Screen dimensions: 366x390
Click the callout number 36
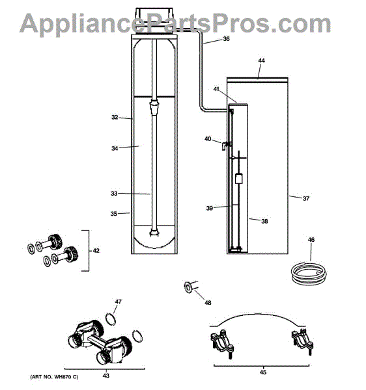[x=226, y=39]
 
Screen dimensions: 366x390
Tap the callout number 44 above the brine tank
[x=261, y=60]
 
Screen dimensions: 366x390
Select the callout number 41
[x=216, y=89]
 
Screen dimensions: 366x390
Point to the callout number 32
[x=115, y=117]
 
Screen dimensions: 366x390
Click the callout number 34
[x=115, y=148]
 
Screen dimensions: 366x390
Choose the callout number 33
[x=114, y=193]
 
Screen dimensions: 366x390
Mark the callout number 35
[x=113, y=214]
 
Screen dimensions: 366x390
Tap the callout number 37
[x=306, y=198]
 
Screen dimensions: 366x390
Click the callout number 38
[x=264, y=221]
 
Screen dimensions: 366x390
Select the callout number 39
[x=210, y=208]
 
